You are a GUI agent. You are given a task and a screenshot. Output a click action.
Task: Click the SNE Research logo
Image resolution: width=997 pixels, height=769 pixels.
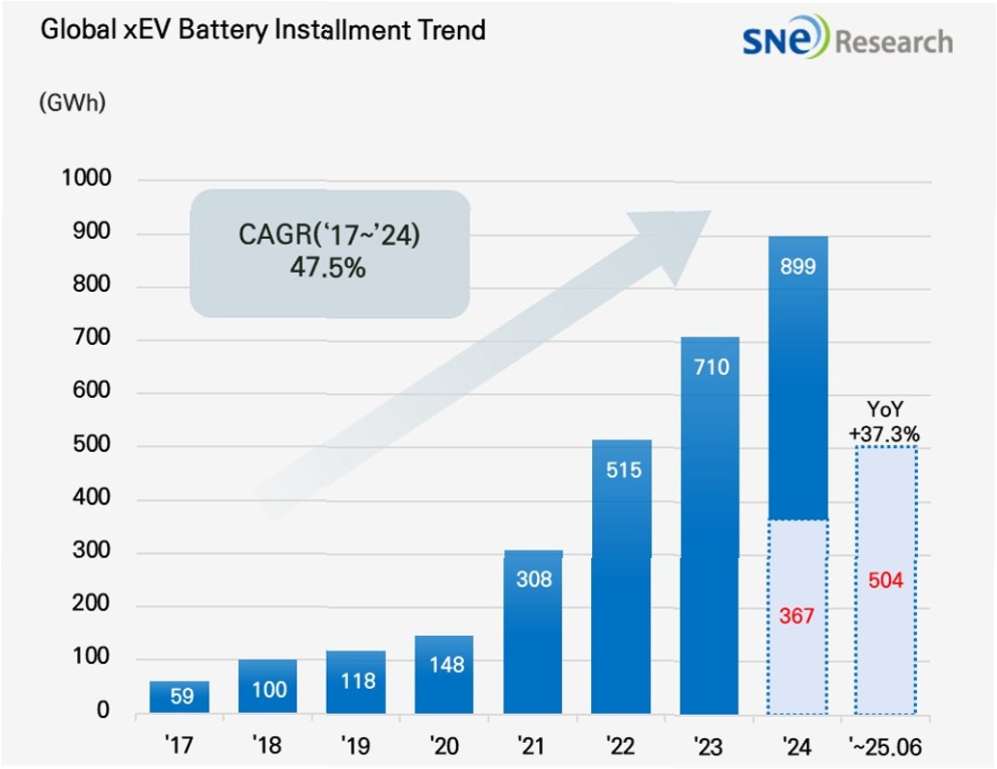[x=847, y=40]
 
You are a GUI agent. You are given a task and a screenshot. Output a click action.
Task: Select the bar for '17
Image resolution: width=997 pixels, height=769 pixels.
[x=179, y=697]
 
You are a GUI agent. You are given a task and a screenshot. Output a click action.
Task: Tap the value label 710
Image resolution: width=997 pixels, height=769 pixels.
[x=710, y=367]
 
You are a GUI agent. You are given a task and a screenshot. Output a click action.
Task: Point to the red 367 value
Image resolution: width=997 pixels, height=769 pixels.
[x=796, y=617]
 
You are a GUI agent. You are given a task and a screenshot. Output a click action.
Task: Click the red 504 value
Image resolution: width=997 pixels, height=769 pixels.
[x=884, y=582]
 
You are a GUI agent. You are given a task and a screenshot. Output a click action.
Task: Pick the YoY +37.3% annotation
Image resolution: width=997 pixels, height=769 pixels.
[x=884, y=423]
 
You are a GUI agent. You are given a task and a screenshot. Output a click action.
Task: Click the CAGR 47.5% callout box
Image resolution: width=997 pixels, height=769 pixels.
[x=329, y=253]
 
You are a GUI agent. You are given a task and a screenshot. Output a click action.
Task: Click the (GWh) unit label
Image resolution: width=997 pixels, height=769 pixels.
[x=72, y=103]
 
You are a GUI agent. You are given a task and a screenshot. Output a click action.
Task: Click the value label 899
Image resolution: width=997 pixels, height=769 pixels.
[x=797, y=267]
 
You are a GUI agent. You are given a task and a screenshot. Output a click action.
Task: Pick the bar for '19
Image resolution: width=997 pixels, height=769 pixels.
[x=356, y=682]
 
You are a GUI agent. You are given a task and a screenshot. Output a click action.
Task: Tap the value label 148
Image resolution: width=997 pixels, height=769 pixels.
[x=445, y=665]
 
